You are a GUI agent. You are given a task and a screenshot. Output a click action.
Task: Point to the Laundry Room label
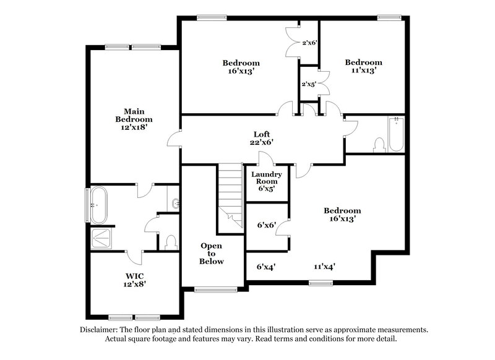[267, 182]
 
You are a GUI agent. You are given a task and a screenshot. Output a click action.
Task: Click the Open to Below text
[211, 254]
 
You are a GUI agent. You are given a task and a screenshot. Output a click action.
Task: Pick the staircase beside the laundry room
[231, 192]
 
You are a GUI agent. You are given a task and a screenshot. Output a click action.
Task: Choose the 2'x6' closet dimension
[309, 43]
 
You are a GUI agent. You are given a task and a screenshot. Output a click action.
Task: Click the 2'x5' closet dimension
[309, 84]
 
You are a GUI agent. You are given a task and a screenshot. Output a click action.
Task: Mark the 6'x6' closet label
[266, 226]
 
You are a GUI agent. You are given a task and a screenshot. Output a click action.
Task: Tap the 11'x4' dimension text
[325, 267]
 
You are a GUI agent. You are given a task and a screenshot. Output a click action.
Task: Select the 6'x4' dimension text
[266, 267]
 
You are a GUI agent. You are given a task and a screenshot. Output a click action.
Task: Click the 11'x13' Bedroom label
[363, 66]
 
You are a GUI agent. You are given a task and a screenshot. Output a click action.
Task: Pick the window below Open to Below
[211, 289]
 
